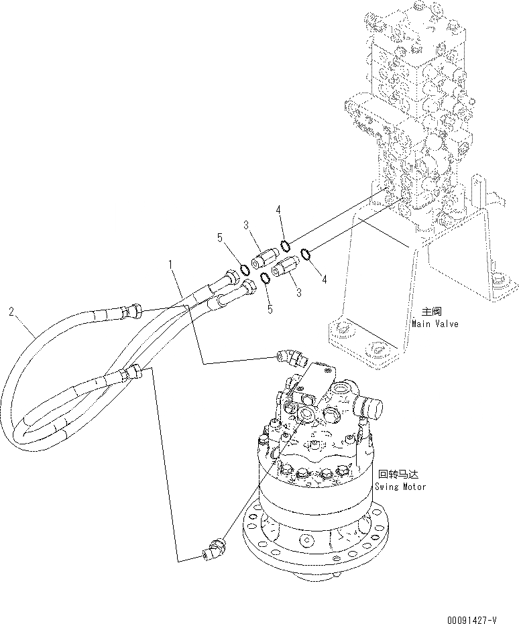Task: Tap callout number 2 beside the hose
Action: click(x=11, y=311)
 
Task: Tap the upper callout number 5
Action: click(x=219, y=237)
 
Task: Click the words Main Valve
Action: click(x=435, y=324)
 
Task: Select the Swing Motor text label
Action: click(x=400, y=486)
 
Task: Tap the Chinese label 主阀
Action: click(x=429, y=312)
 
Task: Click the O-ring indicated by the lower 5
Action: click(x=265, y=277)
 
